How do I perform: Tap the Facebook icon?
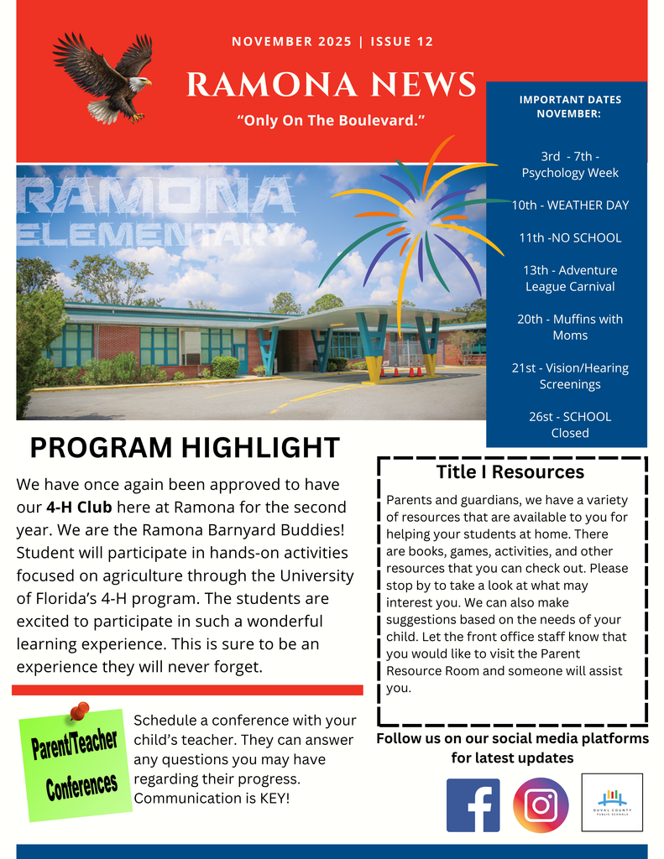[473, 805]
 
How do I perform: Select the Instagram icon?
[541, 805]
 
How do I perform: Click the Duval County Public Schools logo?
[612, 803]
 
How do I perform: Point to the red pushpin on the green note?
[80, 712]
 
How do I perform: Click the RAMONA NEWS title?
[331, 85]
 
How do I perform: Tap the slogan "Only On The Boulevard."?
[331, 121]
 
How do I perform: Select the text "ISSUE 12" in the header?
[401, 42]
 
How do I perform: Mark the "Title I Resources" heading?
[510, 472]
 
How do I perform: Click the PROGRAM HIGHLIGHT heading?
[185, 448]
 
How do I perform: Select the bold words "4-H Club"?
[78, 508]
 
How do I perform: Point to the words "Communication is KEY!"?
[212, 798]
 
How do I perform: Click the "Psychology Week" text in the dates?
[570, 173]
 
